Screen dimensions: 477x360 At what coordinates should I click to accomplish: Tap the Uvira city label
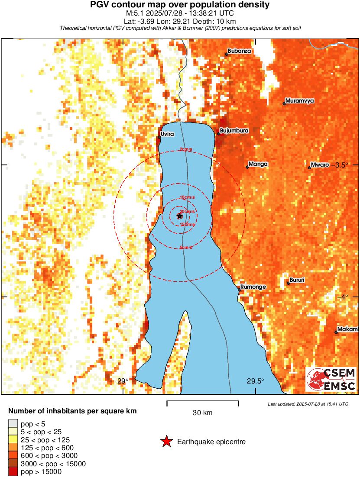[x=167, y=134]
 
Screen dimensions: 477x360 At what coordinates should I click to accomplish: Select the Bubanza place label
[x=239, y=51]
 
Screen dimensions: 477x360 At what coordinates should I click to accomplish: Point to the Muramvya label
[x=300, y=101]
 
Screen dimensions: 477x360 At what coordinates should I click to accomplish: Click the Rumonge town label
[x=253, y=287]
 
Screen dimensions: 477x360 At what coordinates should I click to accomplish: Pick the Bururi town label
[x=297, y=280]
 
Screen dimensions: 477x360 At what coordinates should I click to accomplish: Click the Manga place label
[x=258, y=164]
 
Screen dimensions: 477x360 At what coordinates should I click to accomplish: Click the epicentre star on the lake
[x=180, y=216]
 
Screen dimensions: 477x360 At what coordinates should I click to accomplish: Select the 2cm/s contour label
[x=187, y=149]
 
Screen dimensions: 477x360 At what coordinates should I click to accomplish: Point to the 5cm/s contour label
[x=186, y=248]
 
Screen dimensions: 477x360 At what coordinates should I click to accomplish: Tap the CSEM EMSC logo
[x=331, y=380]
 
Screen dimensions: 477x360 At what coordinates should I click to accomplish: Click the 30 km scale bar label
[x=202, y=413]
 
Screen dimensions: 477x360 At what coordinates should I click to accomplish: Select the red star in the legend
[x=166, y=442]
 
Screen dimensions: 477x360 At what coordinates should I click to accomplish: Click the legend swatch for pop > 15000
[x=13, y=471]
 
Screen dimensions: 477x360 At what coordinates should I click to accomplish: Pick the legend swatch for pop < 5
[x=13, y=424]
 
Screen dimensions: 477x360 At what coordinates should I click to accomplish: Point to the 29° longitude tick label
[x=123, y=381]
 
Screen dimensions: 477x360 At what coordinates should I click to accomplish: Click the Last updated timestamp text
[x=308, y=404]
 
